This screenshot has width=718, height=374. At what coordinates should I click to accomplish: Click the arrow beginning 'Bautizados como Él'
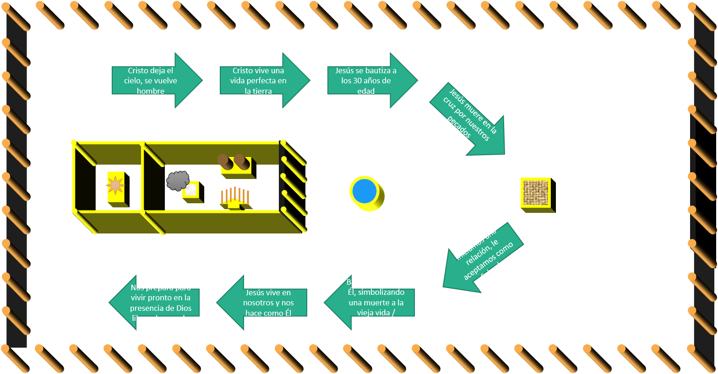[x=371, y=302]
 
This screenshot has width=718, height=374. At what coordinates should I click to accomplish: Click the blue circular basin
[x=365, y=191]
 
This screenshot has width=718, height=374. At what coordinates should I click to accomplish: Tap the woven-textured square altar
[x=536, y=193]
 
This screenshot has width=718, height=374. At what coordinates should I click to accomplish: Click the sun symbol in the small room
[x=115, y=185]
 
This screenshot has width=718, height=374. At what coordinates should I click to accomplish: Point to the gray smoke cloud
[x=177, y=180]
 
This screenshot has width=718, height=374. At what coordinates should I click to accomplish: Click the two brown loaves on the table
[x=232, y=161]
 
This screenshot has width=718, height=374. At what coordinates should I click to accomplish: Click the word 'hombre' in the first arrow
[x=150, y=91]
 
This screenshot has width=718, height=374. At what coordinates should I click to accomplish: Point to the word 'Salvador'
[x=495, y=270]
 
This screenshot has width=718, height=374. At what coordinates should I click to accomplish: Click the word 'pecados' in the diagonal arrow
[x=459, y=127]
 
